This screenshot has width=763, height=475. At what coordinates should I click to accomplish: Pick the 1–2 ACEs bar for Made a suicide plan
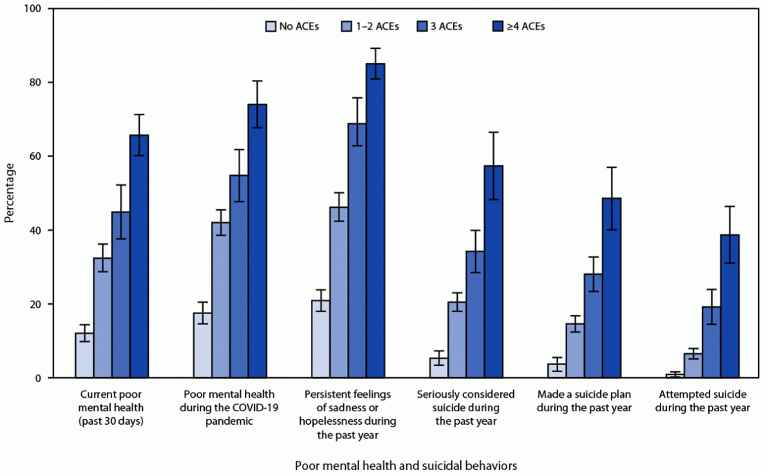tap(575, 350)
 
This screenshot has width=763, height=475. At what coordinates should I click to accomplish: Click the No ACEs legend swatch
tap(271, 26)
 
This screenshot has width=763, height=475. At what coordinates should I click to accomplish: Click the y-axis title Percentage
tap(9, 193)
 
